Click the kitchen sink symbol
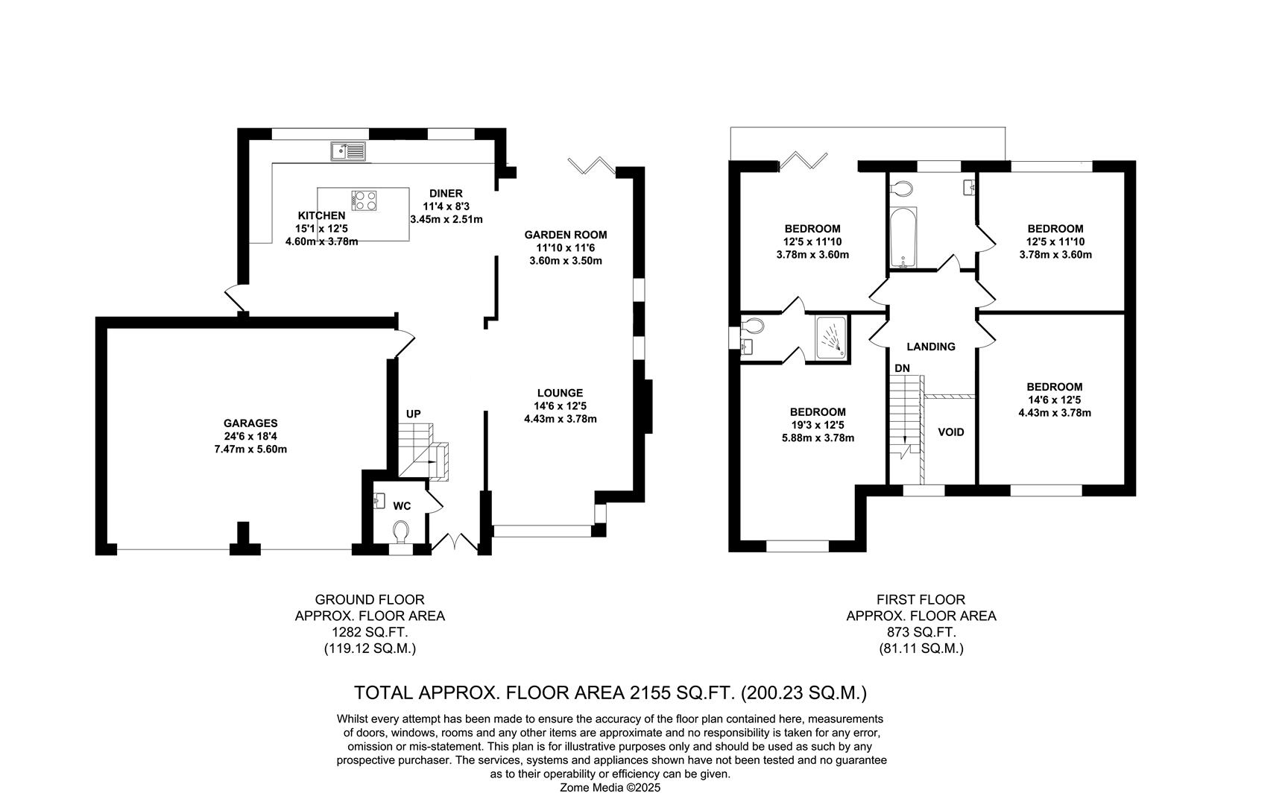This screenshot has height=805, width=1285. (x=348, y=152)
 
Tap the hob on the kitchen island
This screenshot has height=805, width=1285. (x=364, y=200)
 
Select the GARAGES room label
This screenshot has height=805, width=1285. (x=250, y=423)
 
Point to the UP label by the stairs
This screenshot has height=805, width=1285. (x=413, y=414)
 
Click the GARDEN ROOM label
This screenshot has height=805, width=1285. (x=565, y=235)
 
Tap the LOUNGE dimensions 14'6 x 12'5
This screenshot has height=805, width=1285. (x=561, y=406)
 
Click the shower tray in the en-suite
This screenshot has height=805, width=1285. (x=832, y=338)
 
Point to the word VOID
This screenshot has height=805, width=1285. (x=951, y=432)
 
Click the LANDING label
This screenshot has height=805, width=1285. (x=931, y=347)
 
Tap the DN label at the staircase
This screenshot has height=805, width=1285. (x=902, y=368)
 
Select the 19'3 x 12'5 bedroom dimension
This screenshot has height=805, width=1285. (x=818, y=425)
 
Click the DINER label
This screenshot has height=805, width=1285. (x=446, y=194)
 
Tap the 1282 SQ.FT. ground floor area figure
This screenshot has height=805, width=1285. (x=370, y=632)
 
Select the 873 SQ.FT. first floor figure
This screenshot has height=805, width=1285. (x=921, y=632)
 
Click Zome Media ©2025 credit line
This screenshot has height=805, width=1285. (x=610, y=787)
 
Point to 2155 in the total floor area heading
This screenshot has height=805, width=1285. (x=648, y=692)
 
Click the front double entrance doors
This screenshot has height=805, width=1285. (x=455, y=543)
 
